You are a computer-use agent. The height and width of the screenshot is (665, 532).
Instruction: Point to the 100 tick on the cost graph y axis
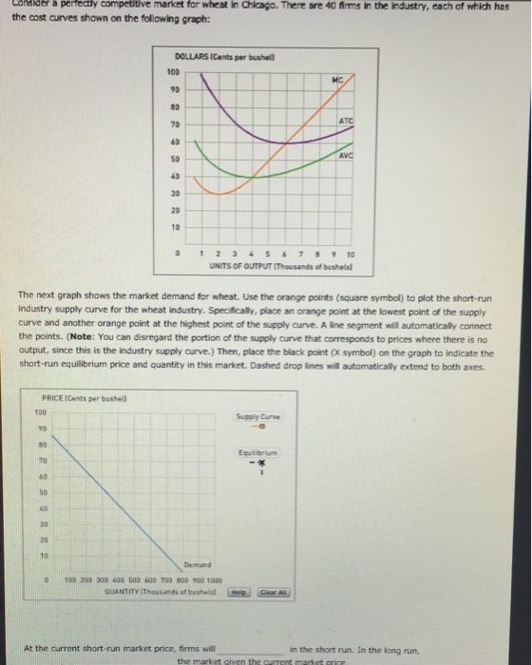coord(172,71)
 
